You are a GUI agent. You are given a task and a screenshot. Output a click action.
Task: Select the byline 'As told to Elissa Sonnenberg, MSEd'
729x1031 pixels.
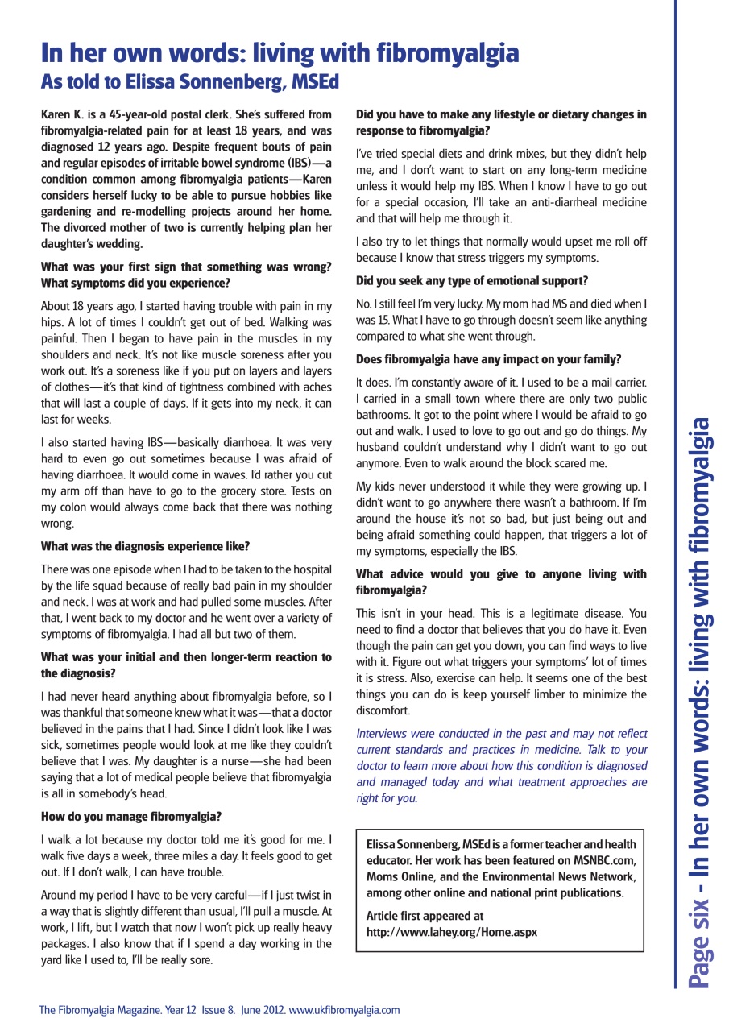click(190, 82)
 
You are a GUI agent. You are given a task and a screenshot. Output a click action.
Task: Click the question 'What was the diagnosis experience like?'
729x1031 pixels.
click(145, 546)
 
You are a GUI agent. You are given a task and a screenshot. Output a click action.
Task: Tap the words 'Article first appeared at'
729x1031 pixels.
click(425, 916)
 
